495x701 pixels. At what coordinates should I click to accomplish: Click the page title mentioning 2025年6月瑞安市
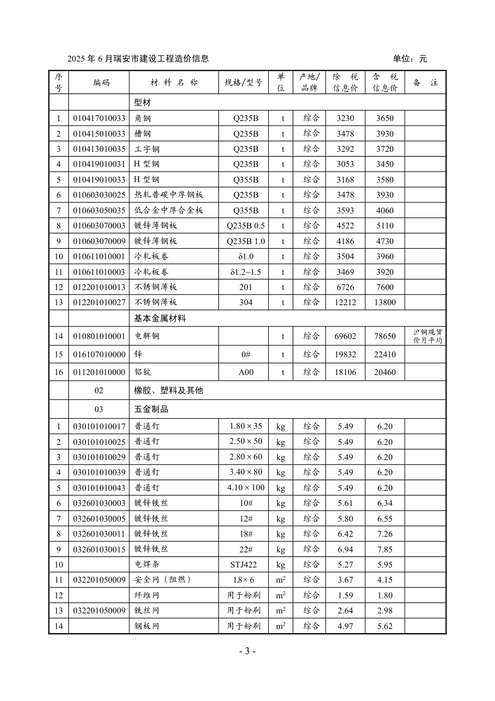138,58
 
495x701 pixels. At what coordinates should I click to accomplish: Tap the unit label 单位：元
410,58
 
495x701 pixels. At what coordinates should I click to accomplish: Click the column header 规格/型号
243,82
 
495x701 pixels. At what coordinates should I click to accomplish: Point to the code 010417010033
99,118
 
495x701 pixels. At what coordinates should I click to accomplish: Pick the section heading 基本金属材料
160,318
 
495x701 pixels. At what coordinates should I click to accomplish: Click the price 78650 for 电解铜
385,336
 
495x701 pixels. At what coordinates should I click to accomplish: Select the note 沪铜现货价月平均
428,336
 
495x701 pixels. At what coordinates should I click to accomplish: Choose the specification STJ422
243,564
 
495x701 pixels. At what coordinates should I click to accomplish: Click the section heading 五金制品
151,409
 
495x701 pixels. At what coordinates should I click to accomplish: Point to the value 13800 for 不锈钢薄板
385,303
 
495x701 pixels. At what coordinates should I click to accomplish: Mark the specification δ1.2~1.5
245,272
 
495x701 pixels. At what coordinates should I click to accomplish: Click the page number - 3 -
247,651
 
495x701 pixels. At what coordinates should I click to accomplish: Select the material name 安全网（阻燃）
163,580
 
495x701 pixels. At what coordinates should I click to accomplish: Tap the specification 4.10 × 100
246,488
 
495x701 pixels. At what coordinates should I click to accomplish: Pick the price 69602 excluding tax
345,336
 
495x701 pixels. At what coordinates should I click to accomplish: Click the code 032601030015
99,549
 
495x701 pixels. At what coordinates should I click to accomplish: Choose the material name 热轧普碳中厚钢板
168,195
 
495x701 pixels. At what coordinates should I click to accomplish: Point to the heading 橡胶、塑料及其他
168,391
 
